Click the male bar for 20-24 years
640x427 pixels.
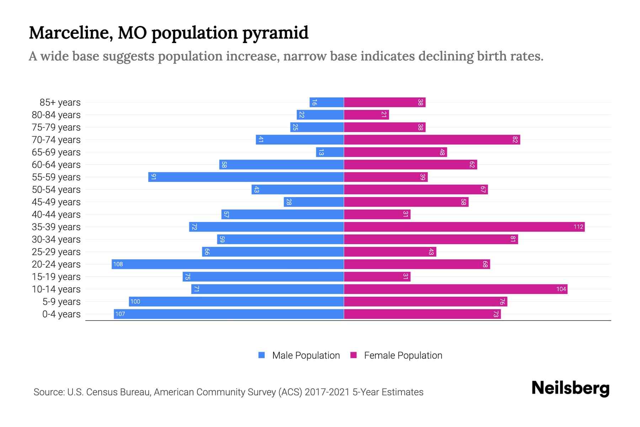coord(228,264)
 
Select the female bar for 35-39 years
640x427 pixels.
coord(464,227)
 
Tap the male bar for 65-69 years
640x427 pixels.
coord(330,152)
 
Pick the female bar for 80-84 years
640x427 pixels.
coord(366,115)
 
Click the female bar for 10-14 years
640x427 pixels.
coord(455,289)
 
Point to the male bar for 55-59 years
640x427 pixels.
coord(246,177)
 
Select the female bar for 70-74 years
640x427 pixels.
coord(432,139)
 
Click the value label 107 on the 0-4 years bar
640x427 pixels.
coord(120,314)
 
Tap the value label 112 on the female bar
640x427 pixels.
coord(578,227)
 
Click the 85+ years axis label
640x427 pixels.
coord(60,102)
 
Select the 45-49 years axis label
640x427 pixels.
coord(56,202)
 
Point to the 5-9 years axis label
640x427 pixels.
coord(62,302)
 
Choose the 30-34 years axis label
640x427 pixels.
coord(56,239)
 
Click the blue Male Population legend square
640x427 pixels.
coord(262,355)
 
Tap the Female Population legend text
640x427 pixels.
coord(403,355)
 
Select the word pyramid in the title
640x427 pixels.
coord(276,33)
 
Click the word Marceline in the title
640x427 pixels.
coord(71,33)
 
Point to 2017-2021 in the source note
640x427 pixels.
coord(327,392)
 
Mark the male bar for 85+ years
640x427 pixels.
coord(326,102)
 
